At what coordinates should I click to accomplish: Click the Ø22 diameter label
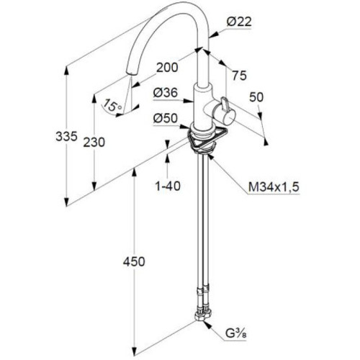point(239,22)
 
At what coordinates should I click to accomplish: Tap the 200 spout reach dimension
point(167,68)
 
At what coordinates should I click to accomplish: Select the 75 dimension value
point(239,76)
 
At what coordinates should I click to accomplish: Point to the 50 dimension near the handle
point(256,97)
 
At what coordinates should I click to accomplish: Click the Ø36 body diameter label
point(166,93)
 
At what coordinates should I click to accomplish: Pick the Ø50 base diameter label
point(166,118)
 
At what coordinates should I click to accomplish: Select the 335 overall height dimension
point(66,136)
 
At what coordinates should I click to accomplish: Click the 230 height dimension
point(94,143)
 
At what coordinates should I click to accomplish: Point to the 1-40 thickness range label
point(168,186)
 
